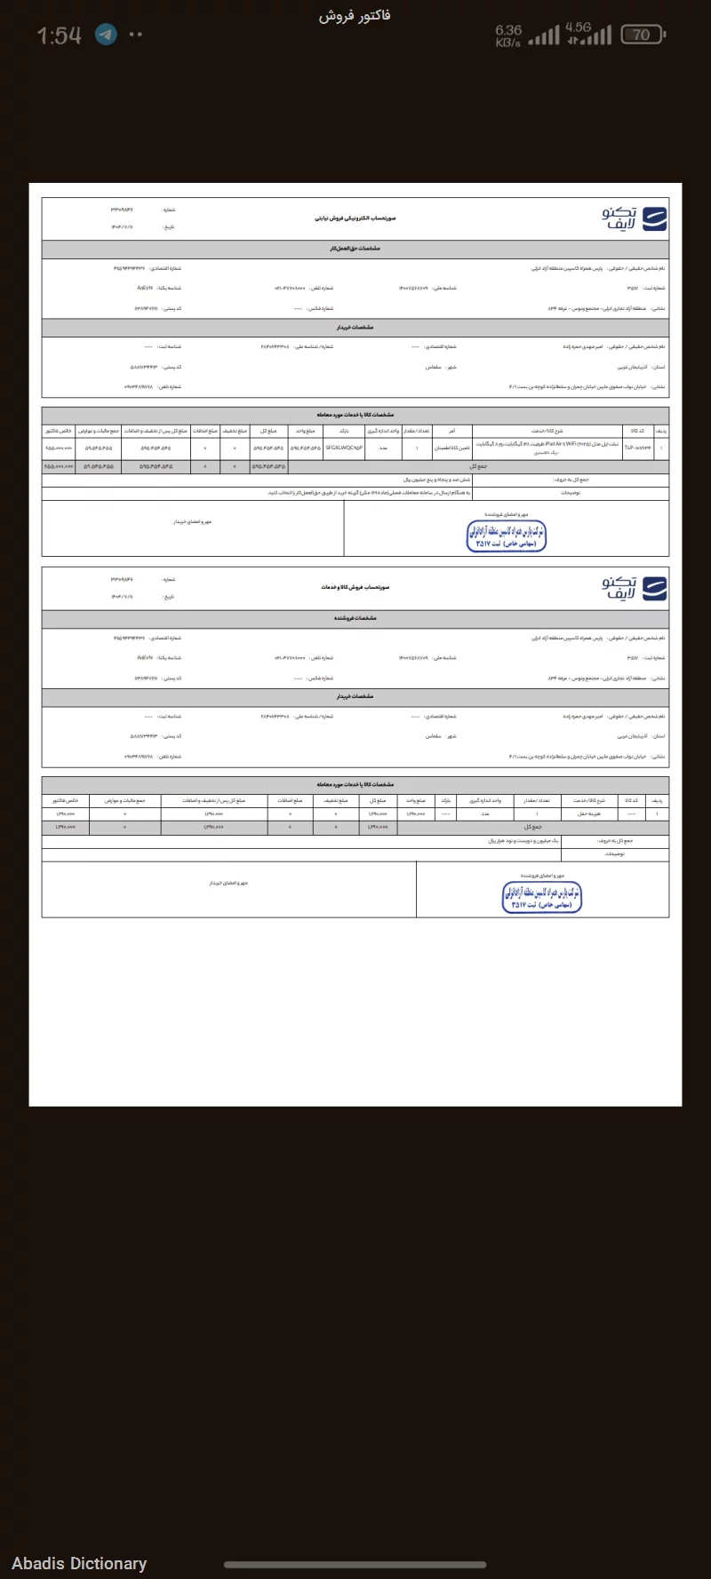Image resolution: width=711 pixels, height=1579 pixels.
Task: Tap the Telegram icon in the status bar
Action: pos(107,35)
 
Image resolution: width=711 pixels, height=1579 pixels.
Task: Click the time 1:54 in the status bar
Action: pos(60,36)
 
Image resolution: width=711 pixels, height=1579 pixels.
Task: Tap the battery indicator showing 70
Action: pos(642,35)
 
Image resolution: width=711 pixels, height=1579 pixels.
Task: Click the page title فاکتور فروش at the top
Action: pos(355,15)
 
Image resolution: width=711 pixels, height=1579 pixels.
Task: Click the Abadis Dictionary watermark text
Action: pos(79,1563)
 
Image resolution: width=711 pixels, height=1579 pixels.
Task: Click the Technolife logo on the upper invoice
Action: pos(635,218)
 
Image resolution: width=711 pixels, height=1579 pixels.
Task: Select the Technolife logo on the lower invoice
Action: pos(635,588)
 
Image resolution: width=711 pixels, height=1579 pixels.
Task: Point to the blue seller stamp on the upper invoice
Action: pos(506,535)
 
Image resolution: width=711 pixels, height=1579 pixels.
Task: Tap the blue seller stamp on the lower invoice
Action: pos(541,897)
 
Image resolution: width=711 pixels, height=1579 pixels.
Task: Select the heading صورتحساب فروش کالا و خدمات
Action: pos(355,587)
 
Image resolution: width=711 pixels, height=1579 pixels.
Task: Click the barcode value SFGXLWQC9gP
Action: pos(345,448)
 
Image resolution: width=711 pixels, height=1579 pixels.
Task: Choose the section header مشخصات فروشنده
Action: pos(355,618)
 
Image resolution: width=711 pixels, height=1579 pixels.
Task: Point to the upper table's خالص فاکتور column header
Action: pos(60,430)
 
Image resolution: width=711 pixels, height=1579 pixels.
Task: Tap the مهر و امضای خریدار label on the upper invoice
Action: pos(193,522)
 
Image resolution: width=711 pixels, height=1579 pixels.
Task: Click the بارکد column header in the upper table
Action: pos(344,430)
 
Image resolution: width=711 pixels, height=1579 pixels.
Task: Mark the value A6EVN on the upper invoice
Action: pos(145,288)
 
